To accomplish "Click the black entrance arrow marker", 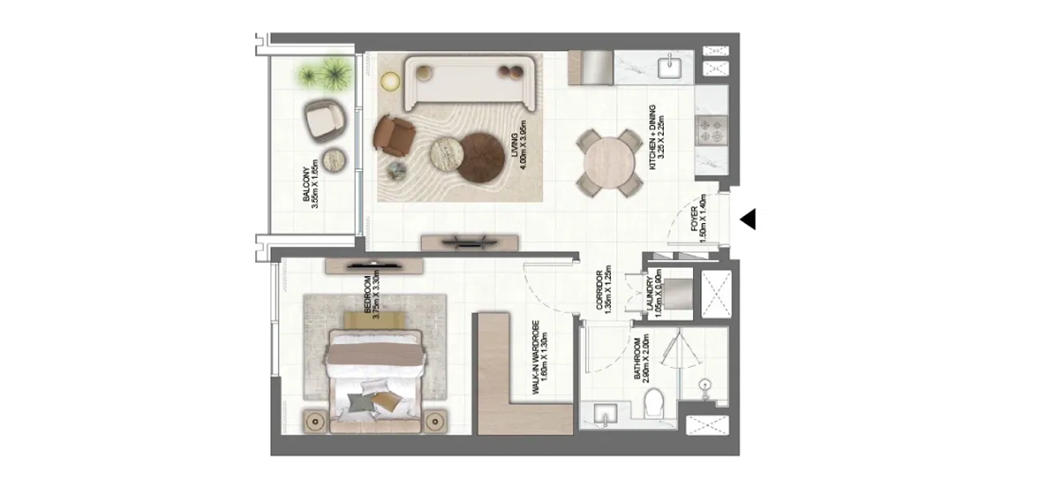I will pyautogui.click(x=748, y=219).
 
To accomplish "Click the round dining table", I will pyautogui.click(x=609, y=162).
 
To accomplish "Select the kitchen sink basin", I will pyautogui.click(x=672, y=67).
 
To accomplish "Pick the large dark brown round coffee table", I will pyautogui.click(x=482, y=157).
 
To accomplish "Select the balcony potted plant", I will pyautogui.click(x=322, y=75).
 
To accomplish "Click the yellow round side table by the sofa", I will pyautogui.click(x=392, y=80).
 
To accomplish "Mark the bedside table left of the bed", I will pyautogui.click(x=315, y=421).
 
